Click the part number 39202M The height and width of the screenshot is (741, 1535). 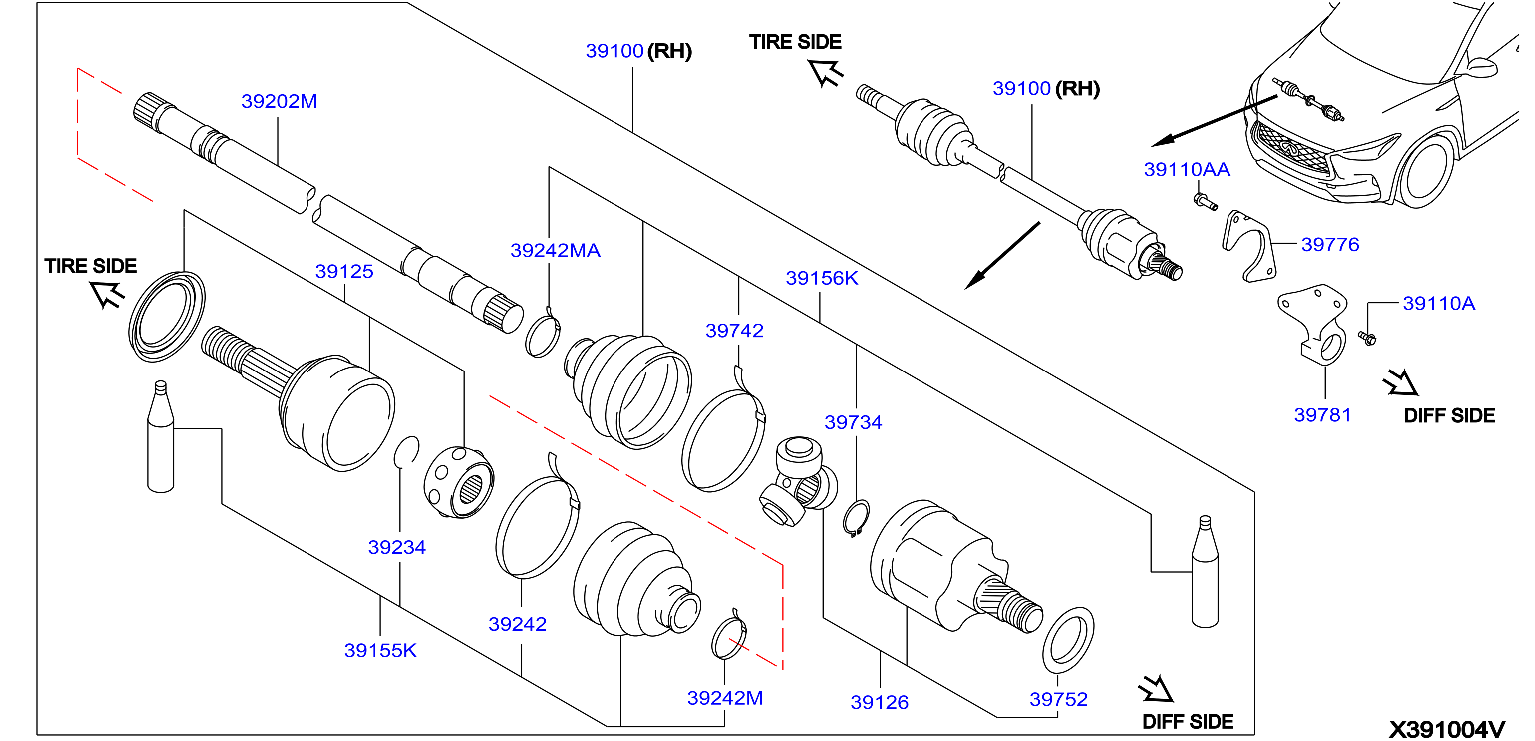click(279, 101)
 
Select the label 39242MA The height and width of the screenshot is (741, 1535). click(556, 250)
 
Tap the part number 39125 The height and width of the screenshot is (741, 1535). click(344, 271)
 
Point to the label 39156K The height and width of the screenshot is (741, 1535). click(822, 278)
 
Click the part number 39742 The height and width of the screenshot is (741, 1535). click(735, 330)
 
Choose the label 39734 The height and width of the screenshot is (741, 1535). click(853, 422)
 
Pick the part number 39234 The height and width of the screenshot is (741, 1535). click(397, 547)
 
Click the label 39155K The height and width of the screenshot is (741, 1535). click(380, 651)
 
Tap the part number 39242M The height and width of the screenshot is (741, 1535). click(725, 698)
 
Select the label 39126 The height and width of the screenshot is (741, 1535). click(880, 702)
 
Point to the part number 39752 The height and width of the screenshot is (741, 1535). click(1059, 699)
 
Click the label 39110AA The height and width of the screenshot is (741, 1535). click(1187, 169)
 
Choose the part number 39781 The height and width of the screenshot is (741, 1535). click(1322, 415)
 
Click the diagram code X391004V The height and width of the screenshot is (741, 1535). click(1447, 729)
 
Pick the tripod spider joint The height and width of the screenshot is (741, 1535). click(799, 480)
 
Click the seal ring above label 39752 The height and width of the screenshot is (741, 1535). click(1068, 640)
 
